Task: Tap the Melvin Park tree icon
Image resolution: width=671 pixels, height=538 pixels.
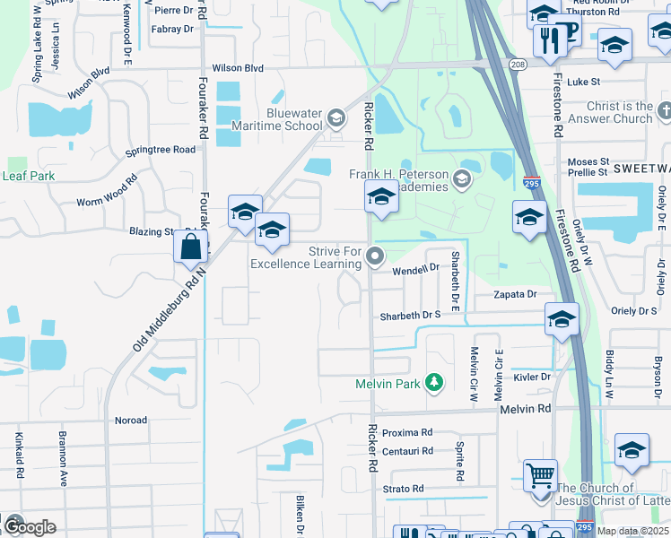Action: tap(434, 384)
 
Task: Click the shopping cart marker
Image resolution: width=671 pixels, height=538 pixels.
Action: tap(540, 475)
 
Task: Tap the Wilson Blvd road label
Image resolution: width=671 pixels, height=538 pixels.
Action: tap(238, 68)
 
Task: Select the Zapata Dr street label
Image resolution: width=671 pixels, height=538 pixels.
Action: tap(515, 294)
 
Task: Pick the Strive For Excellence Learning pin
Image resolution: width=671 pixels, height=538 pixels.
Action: tap(377, 257)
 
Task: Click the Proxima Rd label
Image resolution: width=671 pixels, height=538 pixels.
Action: tap(407, 432)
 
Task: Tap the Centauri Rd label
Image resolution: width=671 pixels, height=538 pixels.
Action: tap(407, 451)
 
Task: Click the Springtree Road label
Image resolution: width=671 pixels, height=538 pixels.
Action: tap(161, 150)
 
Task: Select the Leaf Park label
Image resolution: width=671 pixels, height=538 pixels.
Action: tap(29, 176)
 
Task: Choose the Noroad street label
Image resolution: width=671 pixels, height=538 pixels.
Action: tap(131, 420)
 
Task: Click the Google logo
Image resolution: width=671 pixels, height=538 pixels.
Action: tap(30, 526)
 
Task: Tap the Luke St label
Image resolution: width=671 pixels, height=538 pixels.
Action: tap(583, 82)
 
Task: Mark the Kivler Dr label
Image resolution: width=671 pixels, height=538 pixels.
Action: tap(532, 377)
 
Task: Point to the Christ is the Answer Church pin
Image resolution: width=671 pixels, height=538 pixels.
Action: tap(664, 111)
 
